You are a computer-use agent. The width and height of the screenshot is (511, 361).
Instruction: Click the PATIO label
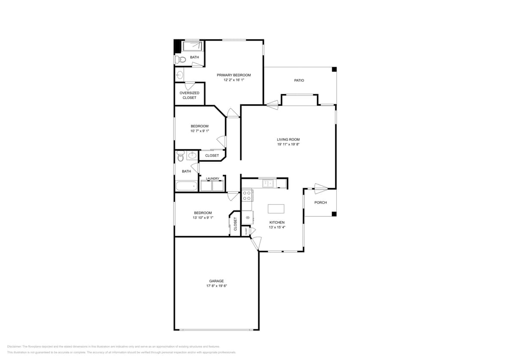pos(299,80)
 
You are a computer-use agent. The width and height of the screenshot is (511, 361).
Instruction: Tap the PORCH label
pos(320,202)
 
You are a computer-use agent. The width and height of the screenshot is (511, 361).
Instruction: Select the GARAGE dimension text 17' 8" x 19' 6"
pos(216,286)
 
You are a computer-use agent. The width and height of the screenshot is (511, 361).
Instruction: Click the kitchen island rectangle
pos(276,209)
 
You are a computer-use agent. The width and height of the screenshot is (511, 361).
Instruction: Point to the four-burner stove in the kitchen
pos(247,195)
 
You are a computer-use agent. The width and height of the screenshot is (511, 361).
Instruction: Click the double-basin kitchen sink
pos(269,183)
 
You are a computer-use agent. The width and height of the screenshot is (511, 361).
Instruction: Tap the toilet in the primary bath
pos(181,59)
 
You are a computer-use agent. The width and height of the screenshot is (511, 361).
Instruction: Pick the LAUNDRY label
pos(212,178)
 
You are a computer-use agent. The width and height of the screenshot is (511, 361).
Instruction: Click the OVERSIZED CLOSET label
pos(189,95)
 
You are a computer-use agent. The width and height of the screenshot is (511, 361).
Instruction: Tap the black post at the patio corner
pos(335,69)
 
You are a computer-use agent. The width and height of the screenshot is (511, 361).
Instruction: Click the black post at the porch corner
pos(334,214)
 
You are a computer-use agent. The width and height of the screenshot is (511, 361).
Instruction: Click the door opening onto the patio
pos(272,103)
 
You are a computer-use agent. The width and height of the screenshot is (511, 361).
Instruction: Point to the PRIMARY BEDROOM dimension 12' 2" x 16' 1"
pos(233,80)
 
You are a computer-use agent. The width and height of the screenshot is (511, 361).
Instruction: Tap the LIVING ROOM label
pos(288,139)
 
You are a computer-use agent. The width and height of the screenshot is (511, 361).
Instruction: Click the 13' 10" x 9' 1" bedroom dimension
pos(203,218)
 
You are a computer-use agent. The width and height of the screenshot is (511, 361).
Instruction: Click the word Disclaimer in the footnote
pos(14,346)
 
